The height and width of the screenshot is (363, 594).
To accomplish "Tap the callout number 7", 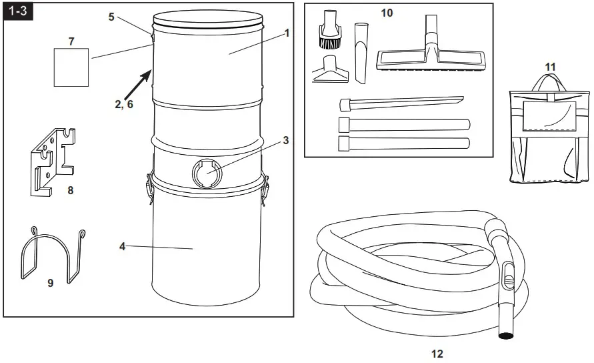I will coord(71,41).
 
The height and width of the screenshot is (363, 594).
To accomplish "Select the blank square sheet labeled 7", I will coord(71,67).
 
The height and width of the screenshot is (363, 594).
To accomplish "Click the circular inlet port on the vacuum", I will coord(206,172).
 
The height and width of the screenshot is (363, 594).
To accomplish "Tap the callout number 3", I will coord(285,140).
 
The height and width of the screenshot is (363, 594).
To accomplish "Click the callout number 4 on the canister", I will coord(123,246).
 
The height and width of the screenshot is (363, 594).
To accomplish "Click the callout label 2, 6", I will coord(124,103).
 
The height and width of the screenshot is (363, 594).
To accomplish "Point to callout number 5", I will coord(112,17).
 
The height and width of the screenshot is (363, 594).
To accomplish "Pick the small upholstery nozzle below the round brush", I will coord(331,71).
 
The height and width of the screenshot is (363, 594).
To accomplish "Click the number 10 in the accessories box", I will coord(387,13).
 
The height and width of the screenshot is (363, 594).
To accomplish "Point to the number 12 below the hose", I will coord(437,354).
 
